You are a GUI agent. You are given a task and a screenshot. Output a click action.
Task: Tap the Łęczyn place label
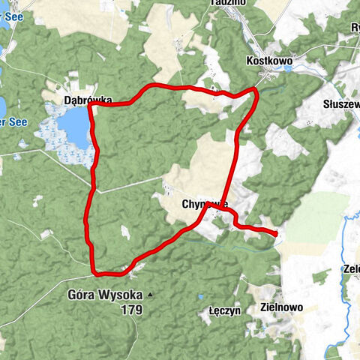(223, 310)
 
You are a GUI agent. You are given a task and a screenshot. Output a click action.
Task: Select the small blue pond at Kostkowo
(289, 69)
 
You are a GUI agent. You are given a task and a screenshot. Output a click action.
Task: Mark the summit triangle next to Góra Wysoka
(150, 295)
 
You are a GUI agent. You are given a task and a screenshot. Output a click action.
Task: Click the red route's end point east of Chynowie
(276, 234)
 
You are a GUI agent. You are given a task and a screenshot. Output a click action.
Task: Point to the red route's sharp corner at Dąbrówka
(90, 105)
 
